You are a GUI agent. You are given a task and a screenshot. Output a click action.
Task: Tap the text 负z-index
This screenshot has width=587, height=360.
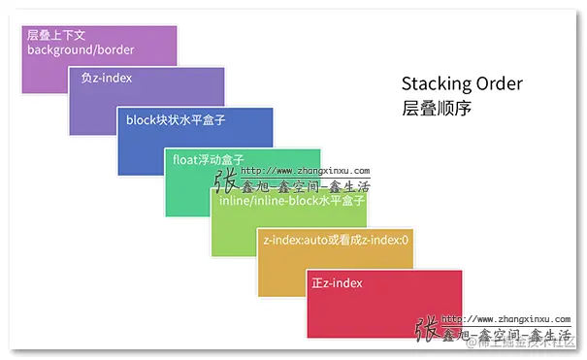[107, 78]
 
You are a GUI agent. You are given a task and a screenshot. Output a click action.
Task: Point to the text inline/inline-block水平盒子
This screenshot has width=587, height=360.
[291, 201]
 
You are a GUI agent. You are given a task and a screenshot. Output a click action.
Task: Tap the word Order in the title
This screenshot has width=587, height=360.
[501, 83]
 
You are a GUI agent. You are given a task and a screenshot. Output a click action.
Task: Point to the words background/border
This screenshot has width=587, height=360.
[81, 49]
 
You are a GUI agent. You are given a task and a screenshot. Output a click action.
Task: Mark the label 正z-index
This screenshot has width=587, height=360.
[337, 283]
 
